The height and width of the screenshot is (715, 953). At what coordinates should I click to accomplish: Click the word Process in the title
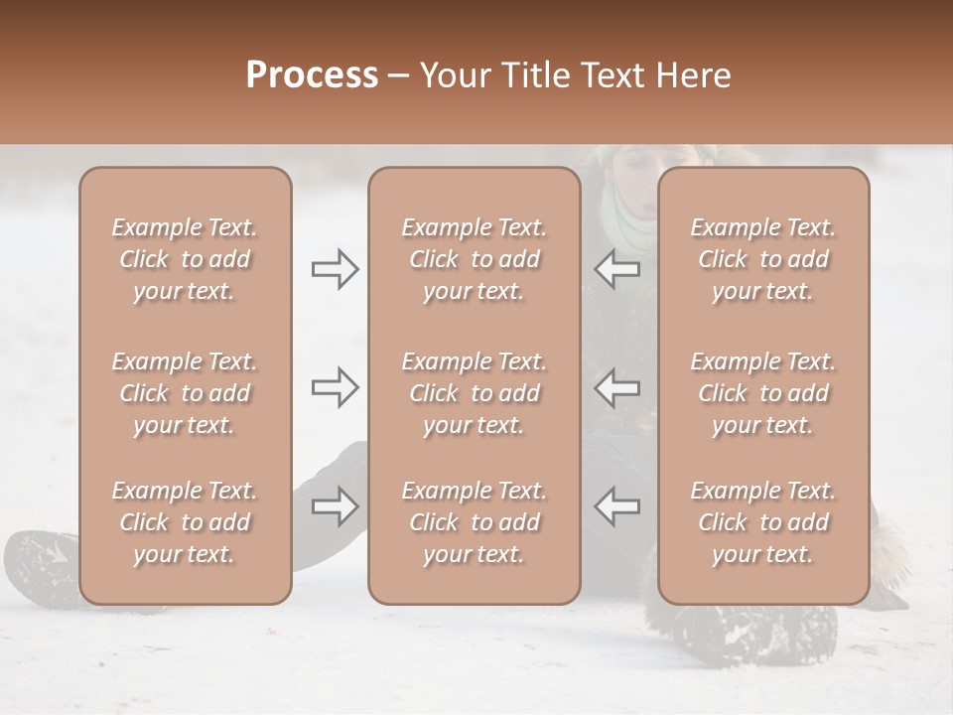click(x=312, y=75)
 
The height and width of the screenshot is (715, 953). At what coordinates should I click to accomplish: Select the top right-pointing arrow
click(x=335, y=269)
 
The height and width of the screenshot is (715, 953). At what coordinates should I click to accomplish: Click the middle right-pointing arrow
click(x=335, y=387)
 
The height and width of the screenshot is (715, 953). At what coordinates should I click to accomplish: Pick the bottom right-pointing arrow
click(x=335, y=506)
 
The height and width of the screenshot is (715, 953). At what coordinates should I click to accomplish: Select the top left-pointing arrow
click(x=616, y=269)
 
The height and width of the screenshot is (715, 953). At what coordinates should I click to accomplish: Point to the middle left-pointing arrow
click(x=616, y=387)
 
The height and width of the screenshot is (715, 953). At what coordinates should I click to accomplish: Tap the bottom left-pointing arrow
click(x=616, y=506)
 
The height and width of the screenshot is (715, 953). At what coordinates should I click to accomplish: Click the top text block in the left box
click(x=185, y=259)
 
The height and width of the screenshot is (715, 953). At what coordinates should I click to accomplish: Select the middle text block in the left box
click(x=185, y=393)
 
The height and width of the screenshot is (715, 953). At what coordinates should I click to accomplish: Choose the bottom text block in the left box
click(x=185, y=522)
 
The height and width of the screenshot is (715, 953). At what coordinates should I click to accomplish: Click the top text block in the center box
click(x=475, y=259)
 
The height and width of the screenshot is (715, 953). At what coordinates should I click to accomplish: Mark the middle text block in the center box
click(x=475, y=393)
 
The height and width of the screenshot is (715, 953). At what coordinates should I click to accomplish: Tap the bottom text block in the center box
click(x=475, y=522)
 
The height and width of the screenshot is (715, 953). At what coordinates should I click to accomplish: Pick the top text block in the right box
click(x=763, y=259)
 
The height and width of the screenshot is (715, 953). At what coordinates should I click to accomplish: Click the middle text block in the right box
click(x=763, y=393)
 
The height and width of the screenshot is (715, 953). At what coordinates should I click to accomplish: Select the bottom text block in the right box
click(x=763, y=522)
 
